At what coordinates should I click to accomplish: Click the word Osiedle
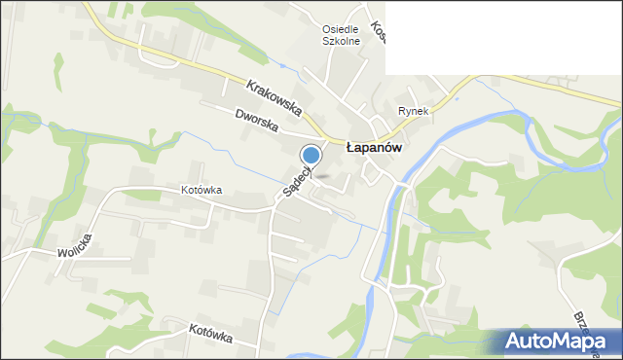click(343, 29)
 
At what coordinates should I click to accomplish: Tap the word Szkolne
click(343, 42)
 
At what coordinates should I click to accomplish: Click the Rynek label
click(413, 111)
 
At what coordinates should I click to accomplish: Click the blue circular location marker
click(311, 155)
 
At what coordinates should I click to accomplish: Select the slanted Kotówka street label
click(210, 334)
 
